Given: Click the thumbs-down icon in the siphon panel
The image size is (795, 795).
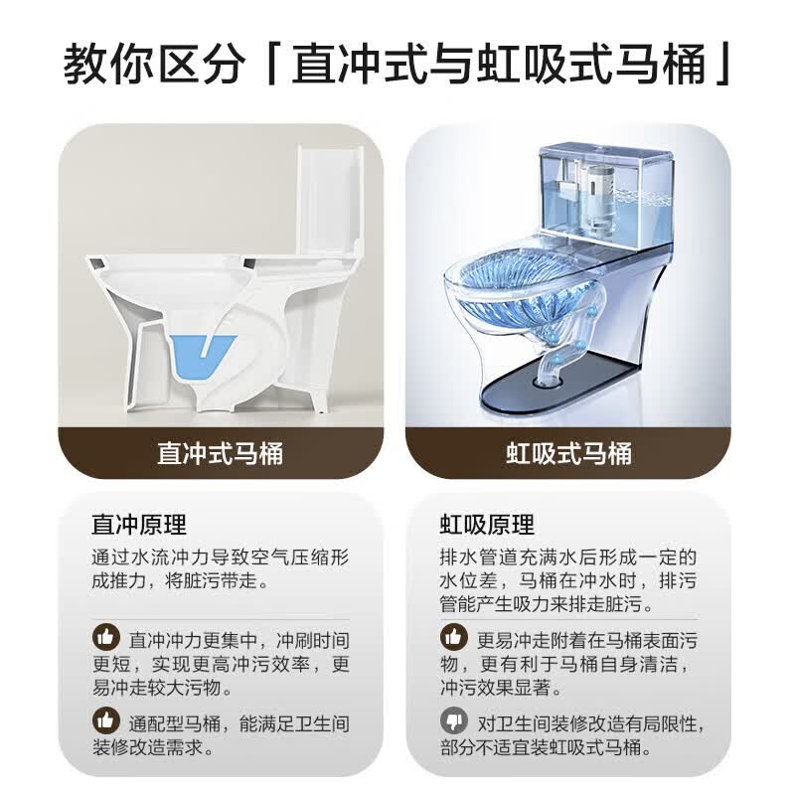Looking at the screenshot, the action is point(454,719).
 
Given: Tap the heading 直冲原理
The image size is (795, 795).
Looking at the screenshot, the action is point(139,525).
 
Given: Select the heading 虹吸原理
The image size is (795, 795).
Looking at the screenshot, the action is point(487,525).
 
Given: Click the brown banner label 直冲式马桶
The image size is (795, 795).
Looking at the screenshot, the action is point(220,453).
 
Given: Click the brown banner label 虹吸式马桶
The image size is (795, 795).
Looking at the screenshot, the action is point(568,453).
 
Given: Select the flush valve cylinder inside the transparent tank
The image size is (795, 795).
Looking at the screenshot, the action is point(599,195).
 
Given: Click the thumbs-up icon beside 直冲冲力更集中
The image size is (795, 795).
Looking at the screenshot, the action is point(106,637).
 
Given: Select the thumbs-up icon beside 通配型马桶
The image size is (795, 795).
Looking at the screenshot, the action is point(106,719).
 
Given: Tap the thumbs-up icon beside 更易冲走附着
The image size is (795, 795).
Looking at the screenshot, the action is point(454,637).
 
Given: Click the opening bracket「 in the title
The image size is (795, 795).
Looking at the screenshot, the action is point(271,64).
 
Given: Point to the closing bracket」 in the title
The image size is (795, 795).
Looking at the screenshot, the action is point(723,64).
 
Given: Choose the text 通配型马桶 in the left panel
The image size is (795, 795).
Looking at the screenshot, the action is point(175,723).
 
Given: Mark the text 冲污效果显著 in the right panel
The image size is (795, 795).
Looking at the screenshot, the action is point(495,688).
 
